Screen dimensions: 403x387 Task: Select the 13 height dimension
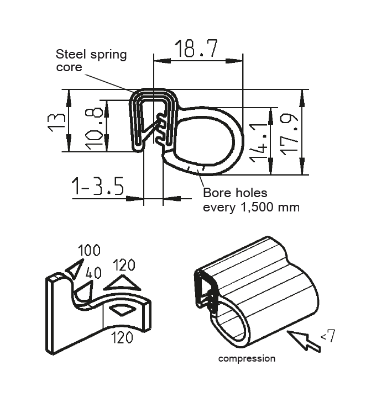[55, 120]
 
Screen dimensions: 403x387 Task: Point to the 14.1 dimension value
[260, 142]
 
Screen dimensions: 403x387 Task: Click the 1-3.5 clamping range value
[97, 187]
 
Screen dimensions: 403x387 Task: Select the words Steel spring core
[91, 61]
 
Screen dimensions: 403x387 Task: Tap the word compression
[247, 358]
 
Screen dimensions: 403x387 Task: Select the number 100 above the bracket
[88, 250]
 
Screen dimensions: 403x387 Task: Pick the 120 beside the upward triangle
[124, 266]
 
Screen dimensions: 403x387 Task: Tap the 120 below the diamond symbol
[121, 337]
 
